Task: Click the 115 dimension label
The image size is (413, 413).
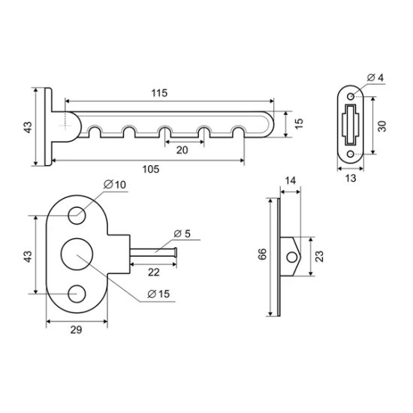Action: pos(159,93)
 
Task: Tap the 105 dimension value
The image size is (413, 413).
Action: pos(151,169)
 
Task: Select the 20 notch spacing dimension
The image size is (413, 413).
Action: pos(182,150)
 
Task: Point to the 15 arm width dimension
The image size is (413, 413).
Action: pos(299,124)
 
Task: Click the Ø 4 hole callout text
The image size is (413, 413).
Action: pos(375,77)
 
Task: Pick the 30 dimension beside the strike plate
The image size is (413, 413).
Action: pos(381,126)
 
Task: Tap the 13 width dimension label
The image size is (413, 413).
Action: pos(351,178)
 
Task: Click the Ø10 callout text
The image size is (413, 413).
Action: pos(115,185)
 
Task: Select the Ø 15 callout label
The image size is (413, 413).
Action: pos(158,294)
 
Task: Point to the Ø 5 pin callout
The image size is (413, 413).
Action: pos(182,234)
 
